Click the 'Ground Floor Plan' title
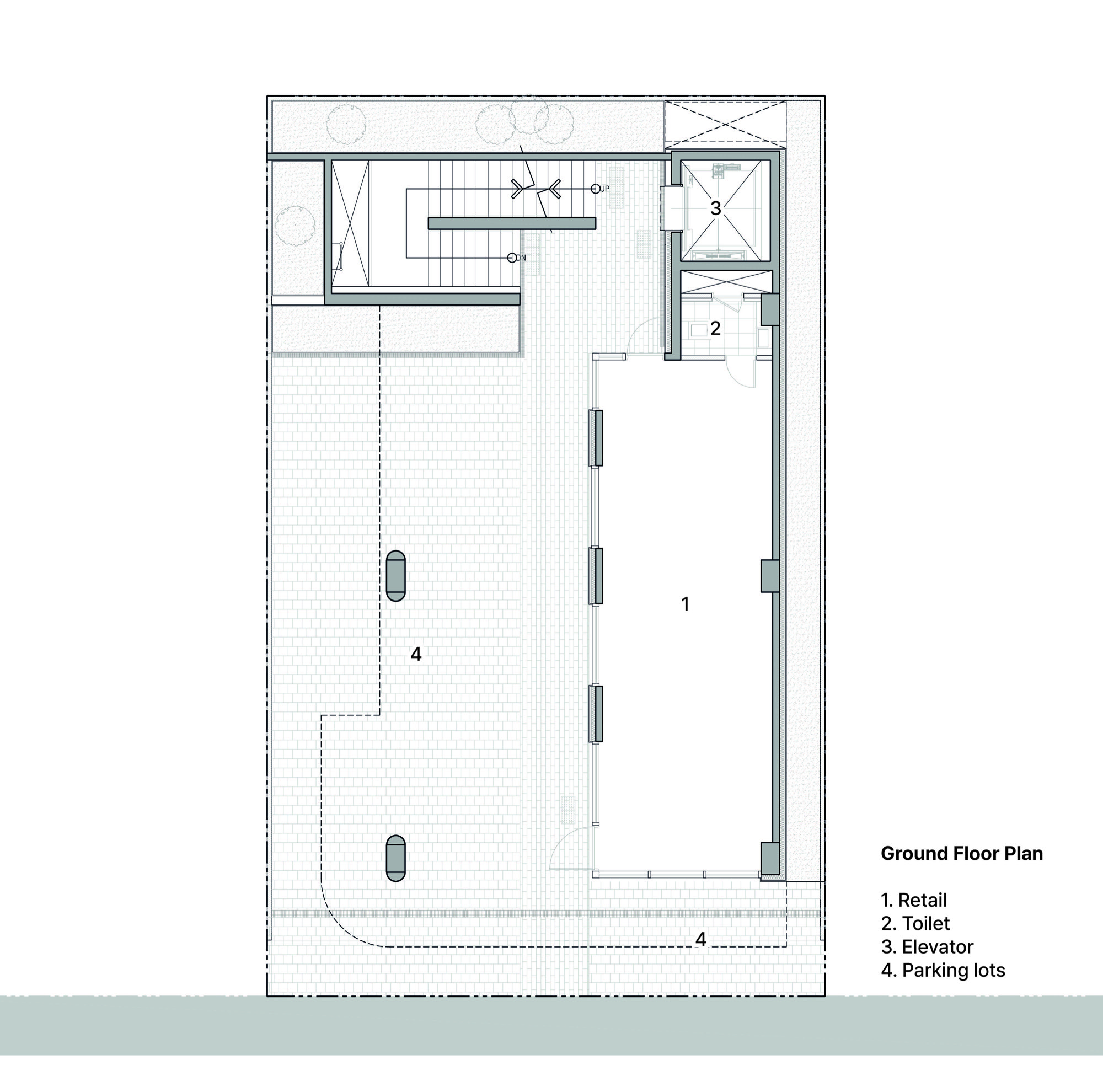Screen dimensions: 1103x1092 (961, 853)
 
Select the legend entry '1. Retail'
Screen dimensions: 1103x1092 (913, 900)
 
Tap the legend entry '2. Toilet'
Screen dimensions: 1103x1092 (915, 924)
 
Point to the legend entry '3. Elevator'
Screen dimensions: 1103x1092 (927, 947)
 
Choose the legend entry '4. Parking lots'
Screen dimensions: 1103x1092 (943, 971)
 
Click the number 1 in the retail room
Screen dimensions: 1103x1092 (686, 604)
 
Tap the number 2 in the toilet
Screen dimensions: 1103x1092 (715, 328)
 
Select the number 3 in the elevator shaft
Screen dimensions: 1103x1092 (716, 208)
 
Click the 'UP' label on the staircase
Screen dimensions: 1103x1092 (604, 189)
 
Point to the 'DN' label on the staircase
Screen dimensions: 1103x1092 (521, 258)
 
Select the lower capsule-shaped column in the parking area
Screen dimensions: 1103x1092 (395, 859)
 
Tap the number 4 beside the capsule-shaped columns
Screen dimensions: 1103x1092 (416, 654)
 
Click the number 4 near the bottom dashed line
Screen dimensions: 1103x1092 (701, 939)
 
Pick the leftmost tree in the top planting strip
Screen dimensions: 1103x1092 (346, 125)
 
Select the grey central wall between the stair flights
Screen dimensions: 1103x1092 (512, 223)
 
